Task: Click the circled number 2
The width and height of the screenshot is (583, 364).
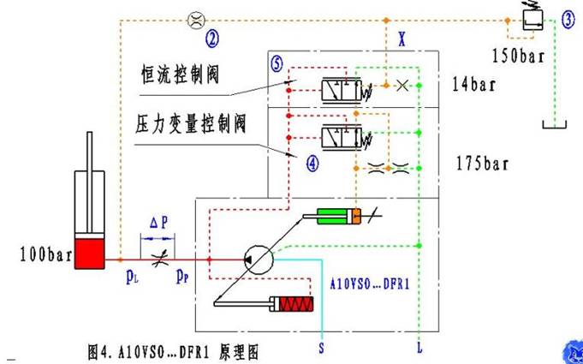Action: pyautogui.click(x=212, y=36)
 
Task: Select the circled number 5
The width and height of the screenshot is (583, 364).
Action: pyautogui.click(x=277, y=63)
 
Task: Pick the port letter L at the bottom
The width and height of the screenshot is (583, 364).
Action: pyautogui.click(x=419, y=349)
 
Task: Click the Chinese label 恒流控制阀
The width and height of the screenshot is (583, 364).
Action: pyautogui.click(x=180, y=74)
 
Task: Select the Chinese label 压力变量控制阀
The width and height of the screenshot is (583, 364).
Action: pyautogui.click(x=191, y=124)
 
